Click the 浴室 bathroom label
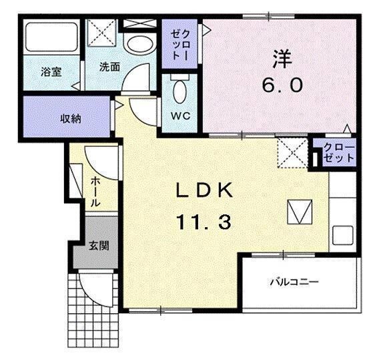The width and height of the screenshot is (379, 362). click(x=51, y=71)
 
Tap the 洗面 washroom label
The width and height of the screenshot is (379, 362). click(x=109, y=67)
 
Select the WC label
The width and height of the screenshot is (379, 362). click(x=181, y=115)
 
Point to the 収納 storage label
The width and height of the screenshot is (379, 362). click(x=71, y=118)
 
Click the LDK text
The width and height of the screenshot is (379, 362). click(x=204, y=191)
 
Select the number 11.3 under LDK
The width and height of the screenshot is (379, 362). click(x=204, y=222)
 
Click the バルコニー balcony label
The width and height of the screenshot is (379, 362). click(x=294, y=282)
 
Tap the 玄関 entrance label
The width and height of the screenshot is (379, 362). click(x=99, y=245)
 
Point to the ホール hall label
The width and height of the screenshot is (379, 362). click(x=96, y=192)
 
